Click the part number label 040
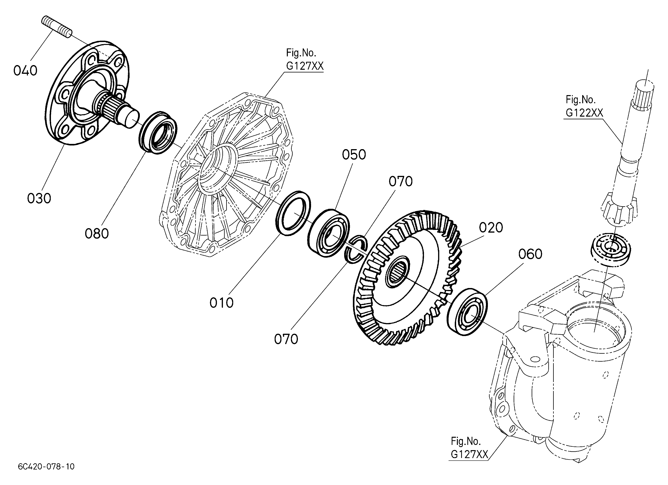point(25,71)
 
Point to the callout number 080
point(97,234)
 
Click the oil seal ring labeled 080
point(158,132)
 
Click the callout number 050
point(354,155)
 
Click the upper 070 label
point(401,182)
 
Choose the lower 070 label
point(286,339)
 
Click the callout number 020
point(491,228)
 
